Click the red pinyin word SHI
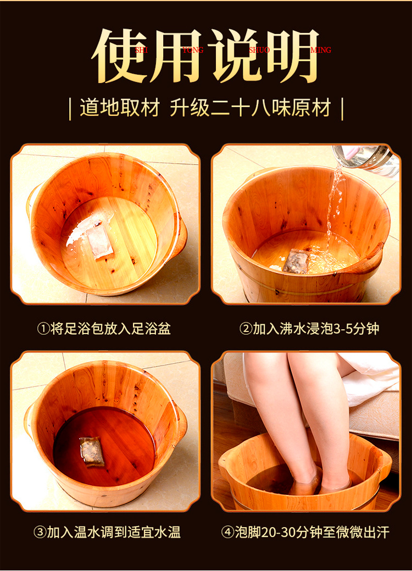[x=141, y=50]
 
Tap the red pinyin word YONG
[x=193, y=50]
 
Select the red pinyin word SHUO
[x=259, y=50]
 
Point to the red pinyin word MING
[x=321, y=50]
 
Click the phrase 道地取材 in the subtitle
[x=120, y=108]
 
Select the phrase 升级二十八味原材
[x=251, y=108]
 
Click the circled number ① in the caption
[x=43, y=329]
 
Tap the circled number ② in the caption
[x=246, y=329]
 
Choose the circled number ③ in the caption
[x=40, y=533]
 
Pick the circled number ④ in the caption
[x=227, y=533]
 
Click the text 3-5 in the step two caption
[x=342, y=329]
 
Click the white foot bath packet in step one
[x=99, y=241]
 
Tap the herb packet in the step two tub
[x=295, y=260]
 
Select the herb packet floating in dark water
[x=92, y=451]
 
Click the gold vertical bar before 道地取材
[x=70, y=108]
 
